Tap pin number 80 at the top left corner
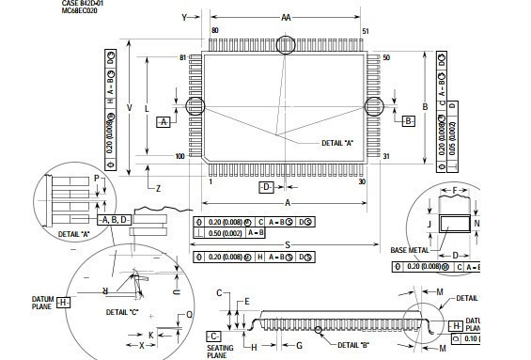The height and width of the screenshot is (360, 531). pos(215,31)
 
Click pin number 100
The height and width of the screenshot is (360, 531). pos(180,156)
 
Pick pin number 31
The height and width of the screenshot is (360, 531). pos(386,156)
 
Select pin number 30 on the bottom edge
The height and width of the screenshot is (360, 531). pos(363,181)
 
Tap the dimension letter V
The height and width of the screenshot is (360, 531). pos(130,107)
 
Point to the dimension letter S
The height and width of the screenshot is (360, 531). pos(286,244)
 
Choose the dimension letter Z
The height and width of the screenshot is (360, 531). pos(158,189)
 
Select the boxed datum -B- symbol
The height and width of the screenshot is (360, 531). pos(408,122)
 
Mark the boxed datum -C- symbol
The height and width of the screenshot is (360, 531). pos(213,335)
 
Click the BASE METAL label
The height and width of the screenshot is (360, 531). pos(410,250)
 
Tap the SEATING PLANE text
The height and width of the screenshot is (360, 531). pos(219,352)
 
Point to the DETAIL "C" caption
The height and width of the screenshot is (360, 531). pos(122,310)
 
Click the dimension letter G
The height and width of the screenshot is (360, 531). pos(298,346)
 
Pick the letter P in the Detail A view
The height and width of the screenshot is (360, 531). pos(96,178)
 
